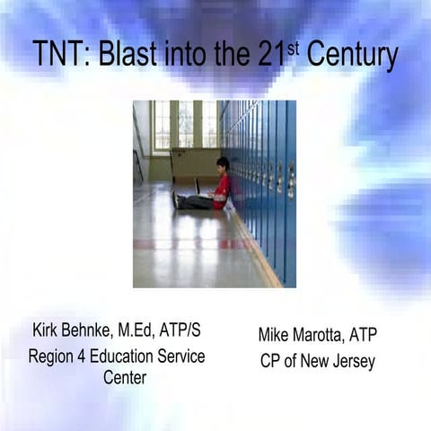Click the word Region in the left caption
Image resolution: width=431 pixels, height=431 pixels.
pyautogui.click(x=54, y=356)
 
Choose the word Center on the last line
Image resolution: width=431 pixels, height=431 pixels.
pyautogui.click(x=124, y=376)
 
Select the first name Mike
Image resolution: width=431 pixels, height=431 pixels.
pyautogui.click(x=275, y=336)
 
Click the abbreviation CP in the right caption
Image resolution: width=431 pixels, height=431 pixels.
pyautogui.click(x=268, y=361)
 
